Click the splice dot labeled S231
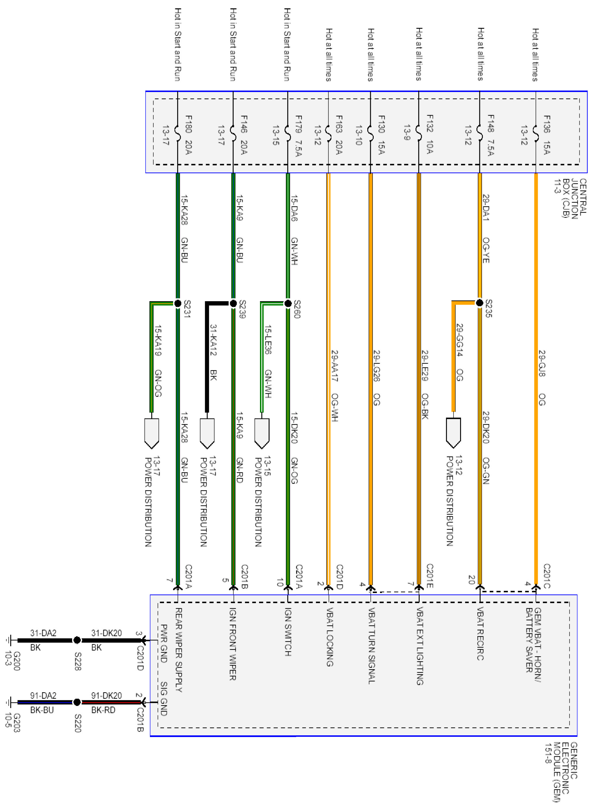(x=178, y=303)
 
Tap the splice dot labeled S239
(x=233, y=303)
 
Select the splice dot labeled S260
(x=288, y=303)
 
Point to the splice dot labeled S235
(x=479, y=303)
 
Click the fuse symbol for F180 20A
(x=177, y=133)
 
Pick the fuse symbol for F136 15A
(x=535, y=133)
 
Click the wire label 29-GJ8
(x=542, y=363)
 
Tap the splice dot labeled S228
(x=77, y=640)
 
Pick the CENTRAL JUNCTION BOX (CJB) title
(x=570, y=198)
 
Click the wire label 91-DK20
(x=107, y=695)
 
